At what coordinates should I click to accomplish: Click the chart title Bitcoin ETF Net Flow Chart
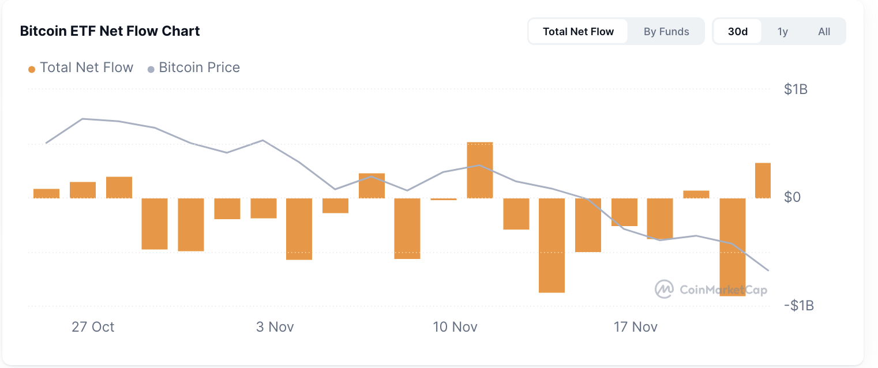(x=110, y=31)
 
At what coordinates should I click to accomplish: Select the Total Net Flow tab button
(x=578, y=31)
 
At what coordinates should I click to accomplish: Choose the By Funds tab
(x=666, y=31)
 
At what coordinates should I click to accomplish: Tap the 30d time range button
(x=738, y=31)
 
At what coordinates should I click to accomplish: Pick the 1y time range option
(x=783, y=31)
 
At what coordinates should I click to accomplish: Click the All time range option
(x=824, y=31)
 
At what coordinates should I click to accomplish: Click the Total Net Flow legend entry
(x=81, y=67)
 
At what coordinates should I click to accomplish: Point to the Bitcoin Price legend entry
(x=194, y=67)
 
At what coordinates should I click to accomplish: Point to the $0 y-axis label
(x=792, y=197)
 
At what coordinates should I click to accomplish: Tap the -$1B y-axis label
(x=798, y=305)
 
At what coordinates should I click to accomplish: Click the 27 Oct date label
(x=93, y=327)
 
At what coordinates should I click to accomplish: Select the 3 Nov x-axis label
(x=275, y=327)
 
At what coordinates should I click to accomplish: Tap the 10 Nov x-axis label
(x=455, y=327)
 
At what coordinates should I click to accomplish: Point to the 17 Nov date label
(x=636, y=327)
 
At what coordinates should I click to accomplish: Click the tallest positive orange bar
(x=480, y=170)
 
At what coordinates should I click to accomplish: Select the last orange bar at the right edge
(x=763, y=181)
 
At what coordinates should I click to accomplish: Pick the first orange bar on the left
(x=46, y=193)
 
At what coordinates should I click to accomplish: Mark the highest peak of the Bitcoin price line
(x=83, y=119)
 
